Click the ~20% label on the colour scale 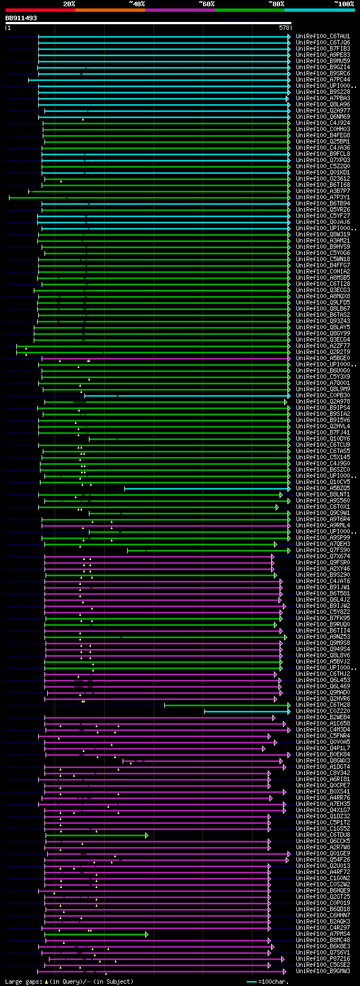point(69,4)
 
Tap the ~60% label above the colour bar point(206,4)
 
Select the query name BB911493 point(21,18)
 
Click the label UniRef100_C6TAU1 point(322,37)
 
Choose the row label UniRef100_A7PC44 point(322,80)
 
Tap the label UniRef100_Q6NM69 point(322,117)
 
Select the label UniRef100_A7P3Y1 point(322,198)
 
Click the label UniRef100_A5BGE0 point(322,358)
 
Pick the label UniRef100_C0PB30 point(322,396)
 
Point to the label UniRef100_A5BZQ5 point(322,488)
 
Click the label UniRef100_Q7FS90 point(322,550)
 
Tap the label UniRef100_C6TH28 point(322,705)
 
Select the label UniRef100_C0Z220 point(322,711)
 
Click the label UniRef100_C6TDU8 point(322,835)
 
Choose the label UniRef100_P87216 point(322,959)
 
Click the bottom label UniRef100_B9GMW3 point(322,971)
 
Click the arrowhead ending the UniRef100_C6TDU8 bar point(147,835)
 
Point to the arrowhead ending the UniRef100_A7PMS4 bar point(147,934)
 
